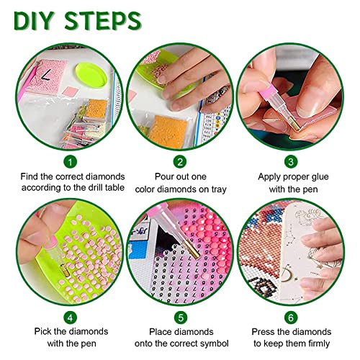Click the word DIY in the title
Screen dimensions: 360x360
pos(33,21)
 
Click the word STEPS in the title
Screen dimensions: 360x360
pos(103,21)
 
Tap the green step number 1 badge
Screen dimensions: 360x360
pos(70,162)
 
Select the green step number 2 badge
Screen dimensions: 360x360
pos(180,162)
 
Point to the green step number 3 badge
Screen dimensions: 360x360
pos(291,161)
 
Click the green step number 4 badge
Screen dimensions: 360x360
pos(70,318)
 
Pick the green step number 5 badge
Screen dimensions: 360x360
pos(181,318)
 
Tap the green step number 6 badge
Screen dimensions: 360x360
pos(291,318)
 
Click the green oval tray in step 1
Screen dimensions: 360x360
pos(91,75)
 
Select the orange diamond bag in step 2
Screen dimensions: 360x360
pos(168,131)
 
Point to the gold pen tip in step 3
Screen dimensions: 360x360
pos(295,125)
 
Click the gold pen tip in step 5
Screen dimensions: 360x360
pos(193,251)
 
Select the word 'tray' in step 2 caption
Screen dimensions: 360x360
pos(219,189)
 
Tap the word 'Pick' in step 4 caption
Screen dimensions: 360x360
pos(43,331)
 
